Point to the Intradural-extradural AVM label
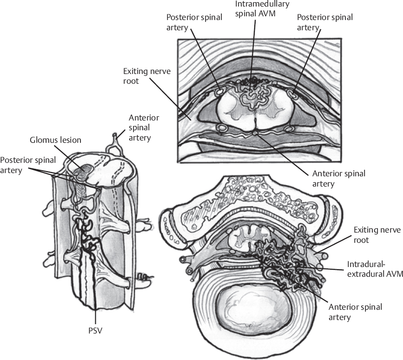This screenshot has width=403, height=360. pyautogui.click(x=374, y=269)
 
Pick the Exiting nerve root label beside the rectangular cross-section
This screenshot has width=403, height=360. pyautogui.click(x=140, y=77)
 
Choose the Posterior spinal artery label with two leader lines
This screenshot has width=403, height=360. pyautogui.click(x=28, y=164)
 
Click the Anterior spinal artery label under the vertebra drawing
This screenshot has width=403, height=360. pyautogui.click(x=355, y=312)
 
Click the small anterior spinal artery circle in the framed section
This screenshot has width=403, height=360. pyautogui.click(x=254, y=134)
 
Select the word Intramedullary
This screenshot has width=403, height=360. pyautogui.click(x=262, y=4)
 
